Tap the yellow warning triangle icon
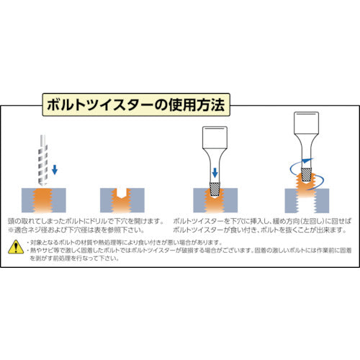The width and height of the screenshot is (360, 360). pos(15,247)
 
